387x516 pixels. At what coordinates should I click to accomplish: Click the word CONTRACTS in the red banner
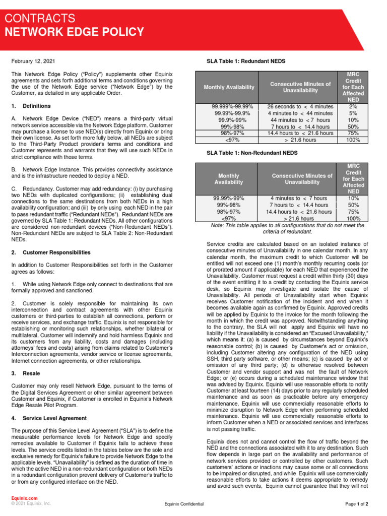(40, 19)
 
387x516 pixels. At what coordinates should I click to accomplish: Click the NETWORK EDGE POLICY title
(74, 32)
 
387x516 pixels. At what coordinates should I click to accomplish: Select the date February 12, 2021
(33, 61)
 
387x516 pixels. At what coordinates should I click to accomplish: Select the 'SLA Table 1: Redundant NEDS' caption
(246, 61)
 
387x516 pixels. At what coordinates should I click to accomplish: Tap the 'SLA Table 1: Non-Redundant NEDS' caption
(252, 153)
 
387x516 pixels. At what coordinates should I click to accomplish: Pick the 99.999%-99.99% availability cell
(232, 107)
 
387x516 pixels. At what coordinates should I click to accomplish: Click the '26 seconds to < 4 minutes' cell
(300, 107)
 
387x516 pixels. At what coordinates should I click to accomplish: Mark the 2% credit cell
(353, 107)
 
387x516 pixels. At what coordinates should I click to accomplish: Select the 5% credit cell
(353, 113)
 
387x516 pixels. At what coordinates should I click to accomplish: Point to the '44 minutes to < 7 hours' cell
(300, 120)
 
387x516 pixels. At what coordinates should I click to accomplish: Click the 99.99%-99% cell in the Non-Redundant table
(228, 199)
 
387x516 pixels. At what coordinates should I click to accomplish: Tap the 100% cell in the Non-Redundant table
(353, 219)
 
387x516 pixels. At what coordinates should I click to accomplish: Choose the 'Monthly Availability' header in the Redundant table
(229, 87)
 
